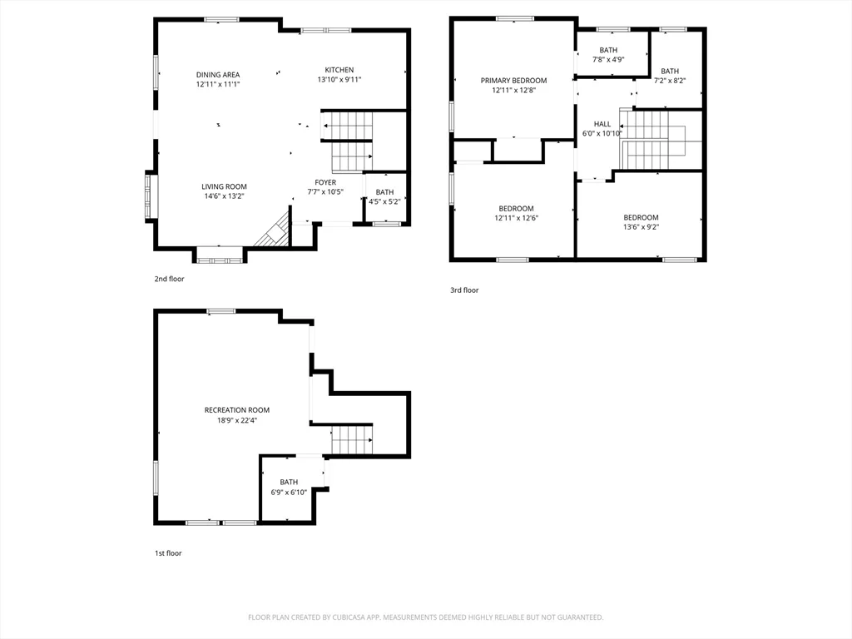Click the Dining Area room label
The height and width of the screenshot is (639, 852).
[x=218, y=75]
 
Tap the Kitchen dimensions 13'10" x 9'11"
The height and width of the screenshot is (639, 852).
[x=339, y=80]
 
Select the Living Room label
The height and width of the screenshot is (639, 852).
[x=224, y=186]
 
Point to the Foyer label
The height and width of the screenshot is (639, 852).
[x=325, y=182]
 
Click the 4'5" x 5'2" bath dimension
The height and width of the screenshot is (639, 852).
[x=384, y=201]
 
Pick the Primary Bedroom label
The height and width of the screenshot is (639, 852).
[x=513, y=81]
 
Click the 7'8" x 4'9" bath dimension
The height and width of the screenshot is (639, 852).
[x=608, y=60]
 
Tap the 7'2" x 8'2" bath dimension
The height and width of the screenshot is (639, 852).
[x=670, y=82]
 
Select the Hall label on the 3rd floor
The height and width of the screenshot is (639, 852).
[x=602, y=124]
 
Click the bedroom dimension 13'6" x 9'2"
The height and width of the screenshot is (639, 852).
[x=641, y=227]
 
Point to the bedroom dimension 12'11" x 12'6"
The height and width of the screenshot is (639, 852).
[x=516, y=218]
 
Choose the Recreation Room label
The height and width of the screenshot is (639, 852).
[x=237, y=409]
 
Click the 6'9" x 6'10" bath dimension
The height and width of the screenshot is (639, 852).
[x=289, y=493]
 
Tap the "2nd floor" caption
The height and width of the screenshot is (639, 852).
[x=169, y=279]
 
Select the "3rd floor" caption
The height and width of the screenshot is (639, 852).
[x=464, y=290]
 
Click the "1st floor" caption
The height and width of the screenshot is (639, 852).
[x=167, y=552]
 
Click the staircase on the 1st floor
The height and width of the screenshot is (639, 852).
[x=351, y=439]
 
